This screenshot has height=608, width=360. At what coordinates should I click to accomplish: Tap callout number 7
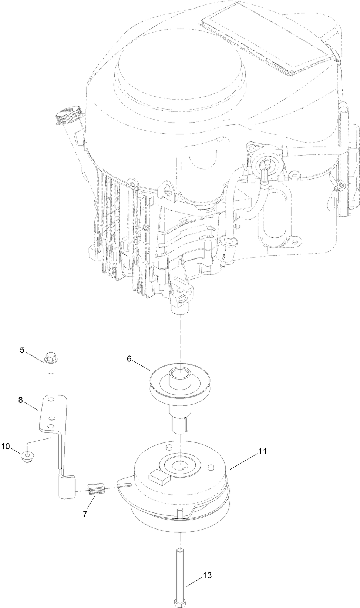coord(85,514)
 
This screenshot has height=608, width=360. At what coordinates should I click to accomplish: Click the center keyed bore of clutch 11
coord(179,462)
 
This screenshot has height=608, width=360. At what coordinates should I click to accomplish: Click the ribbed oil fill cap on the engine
coord(68,116)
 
